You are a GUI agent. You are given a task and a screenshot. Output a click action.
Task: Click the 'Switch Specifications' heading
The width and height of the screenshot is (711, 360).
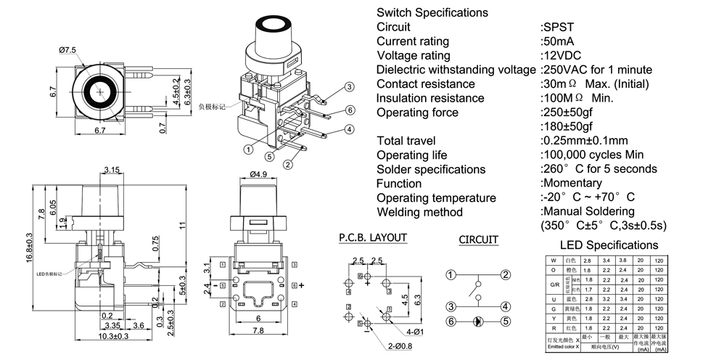pyautogui.click(x=432, y=12)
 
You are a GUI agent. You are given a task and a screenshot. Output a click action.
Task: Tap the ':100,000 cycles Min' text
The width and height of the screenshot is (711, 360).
pyautogui.click(x=593, y=155)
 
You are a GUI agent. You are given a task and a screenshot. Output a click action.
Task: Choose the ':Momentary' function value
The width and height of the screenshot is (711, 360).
pyautogui.click(x=571, y=183)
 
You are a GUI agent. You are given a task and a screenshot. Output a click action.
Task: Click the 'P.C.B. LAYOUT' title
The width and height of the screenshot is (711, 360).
pyautogui.click(x=373, y=237)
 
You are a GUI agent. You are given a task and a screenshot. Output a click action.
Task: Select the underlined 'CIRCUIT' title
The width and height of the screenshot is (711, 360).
pyautogui.click(x=478, y=240)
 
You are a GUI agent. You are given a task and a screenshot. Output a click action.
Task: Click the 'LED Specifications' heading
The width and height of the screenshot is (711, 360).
pyautogui.click(x=609, y=245)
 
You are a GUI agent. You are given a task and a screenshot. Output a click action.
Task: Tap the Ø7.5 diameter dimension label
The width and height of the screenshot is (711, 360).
pyautogui.click(x=67, y=49)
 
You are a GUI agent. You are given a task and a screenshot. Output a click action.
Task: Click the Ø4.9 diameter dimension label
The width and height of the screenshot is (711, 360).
pyautogui.click(x=260, y=174)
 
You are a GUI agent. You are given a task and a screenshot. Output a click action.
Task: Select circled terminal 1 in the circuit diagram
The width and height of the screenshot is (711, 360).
pyautogui.click(x=451, y=274)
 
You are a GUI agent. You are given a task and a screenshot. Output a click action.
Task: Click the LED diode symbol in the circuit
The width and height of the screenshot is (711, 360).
pyautogui.click(x=477, y=321)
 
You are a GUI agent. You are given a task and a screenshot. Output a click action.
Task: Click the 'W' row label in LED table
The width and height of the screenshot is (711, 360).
pyautogui.click(x=554, y=259)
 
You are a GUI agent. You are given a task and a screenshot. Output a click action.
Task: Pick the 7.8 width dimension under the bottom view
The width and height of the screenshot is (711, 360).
pyautogui.click(x=259, y=331)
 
